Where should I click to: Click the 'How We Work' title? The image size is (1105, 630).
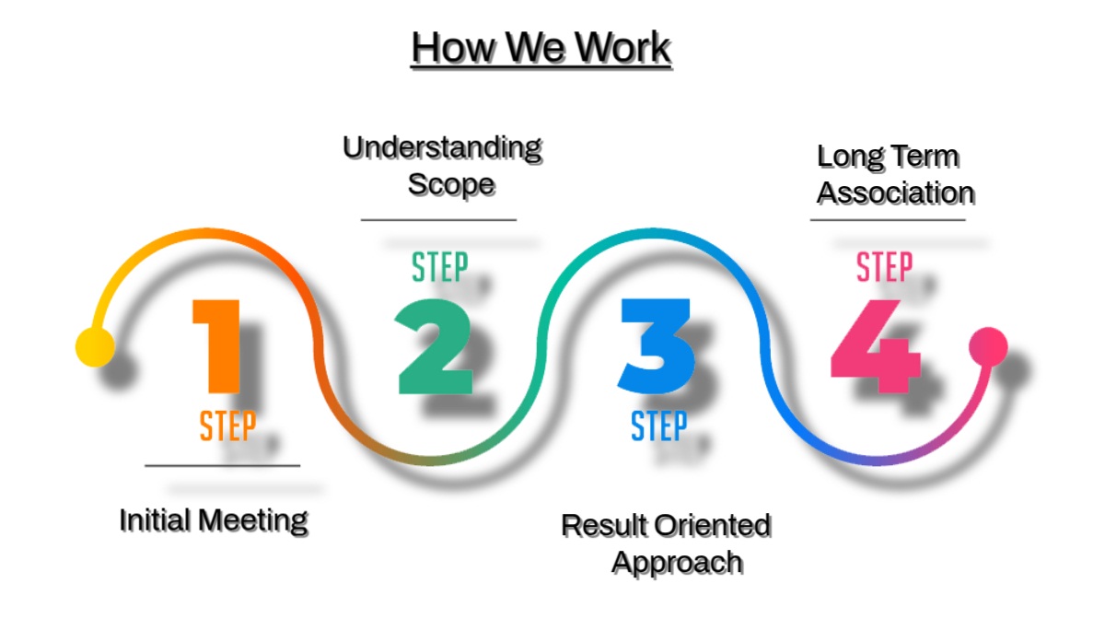point(541,47)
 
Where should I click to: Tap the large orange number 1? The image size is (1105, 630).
point(219,346)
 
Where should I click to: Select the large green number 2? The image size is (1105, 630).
point(435,348)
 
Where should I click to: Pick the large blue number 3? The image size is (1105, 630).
point(656,346)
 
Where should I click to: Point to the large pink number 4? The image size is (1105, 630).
point(875,346)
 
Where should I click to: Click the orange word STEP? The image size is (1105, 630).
point(227,426)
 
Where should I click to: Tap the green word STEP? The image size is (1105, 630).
point(439,267)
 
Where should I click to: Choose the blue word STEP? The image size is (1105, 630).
point(658,426)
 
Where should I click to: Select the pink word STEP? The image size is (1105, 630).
point(884,267)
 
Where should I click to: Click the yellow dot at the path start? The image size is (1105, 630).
point(95,347)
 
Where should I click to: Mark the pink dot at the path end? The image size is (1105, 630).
point(988,346)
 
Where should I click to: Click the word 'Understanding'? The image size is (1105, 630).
point(442,147)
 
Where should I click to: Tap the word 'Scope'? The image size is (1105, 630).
point(451,184)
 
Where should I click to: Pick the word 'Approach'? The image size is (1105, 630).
point(678,561)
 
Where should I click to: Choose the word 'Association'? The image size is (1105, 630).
point(895,193)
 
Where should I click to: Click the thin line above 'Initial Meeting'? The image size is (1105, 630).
point(222,466)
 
